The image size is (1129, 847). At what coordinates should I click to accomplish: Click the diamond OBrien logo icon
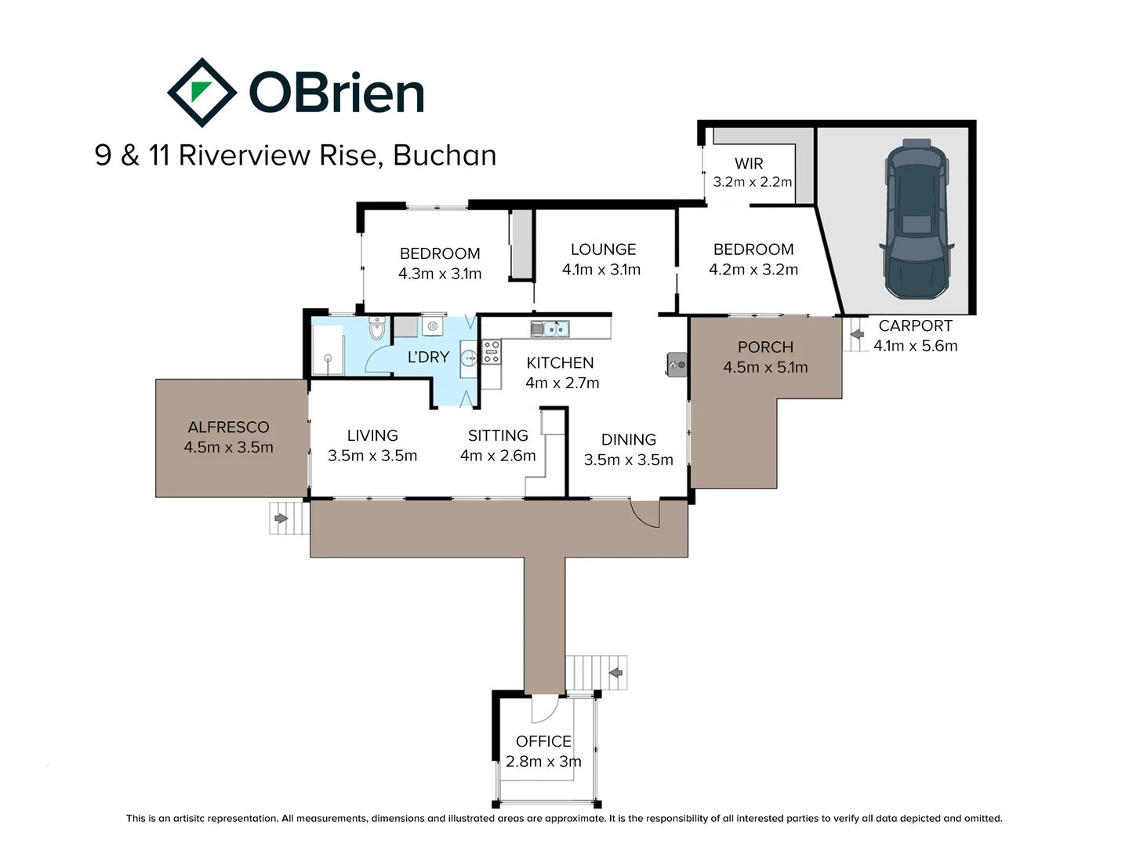(201, 93)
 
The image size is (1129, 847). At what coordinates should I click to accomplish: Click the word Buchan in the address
(445, 155)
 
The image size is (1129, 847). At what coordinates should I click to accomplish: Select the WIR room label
(749, 163)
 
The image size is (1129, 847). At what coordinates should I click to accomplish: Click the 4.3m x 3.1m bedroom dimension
(440, 274)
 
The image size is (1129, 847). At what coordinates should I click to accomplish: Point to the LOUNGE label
(603, 249)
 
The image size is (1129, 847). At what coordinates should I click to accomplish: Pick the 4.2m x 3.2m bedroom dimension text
(753, 270)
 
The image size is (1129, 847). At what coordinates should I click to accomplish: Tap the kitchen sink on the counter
(550, 329)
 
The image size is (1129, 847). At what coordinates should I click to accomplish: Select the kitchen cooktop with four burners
(492, 352)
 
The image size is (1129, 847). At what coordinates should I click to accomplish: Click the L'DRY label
(428, 357)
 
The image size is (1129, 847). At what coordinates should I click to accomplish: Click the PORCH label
(765, 347)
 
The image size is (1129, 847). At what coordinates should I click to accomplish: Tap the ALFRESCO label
(228, 427)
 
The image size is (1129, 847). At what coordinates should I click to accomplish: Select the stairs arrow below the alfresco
(281, 518)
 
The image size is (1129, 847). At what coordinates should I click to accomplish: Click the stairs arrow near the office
(615, 673)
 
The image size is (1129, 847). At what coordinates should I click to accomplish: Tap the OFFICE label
(543, 741)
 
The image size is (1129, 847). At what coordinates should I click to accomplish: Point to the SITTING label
(498, 435)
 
